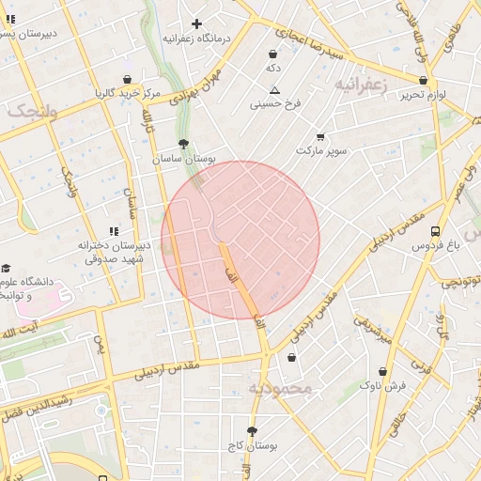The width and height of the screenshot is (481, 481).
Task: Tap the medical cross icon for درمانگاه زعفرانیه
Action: (x=196, y=23)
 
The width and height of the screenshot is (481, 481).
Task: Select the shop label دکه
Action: (x=273, y=69)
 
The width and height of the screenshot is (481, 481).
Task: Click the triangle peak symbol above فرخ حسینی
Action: (x=274, y=90)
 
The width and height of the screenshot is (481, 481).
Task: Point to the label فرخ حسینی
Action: (x=274, y=104)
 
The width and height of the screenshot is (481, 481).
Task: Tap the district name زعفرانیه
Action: (x=360, y=85)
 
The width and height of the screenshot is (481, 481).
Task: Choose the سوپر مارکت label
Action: (x=321, y=150)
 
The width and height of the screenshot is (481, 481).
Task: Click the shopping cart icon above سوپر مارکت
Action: (x=320, y=136)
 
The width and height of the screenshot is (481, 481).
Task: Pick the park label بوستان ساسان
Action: (x=185, y=160)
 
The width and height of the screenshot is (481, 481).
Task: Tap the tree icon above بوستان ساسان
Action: (x=182, y=145)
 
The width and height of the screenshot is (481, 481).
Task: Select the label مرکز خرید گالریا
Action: (x=128, y=93)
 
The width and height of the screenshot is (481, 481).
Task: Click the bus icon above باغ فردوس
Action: (x=435, y=231)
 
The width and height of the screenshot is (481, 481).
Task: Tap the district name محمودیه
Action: (x=279, y=387)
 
